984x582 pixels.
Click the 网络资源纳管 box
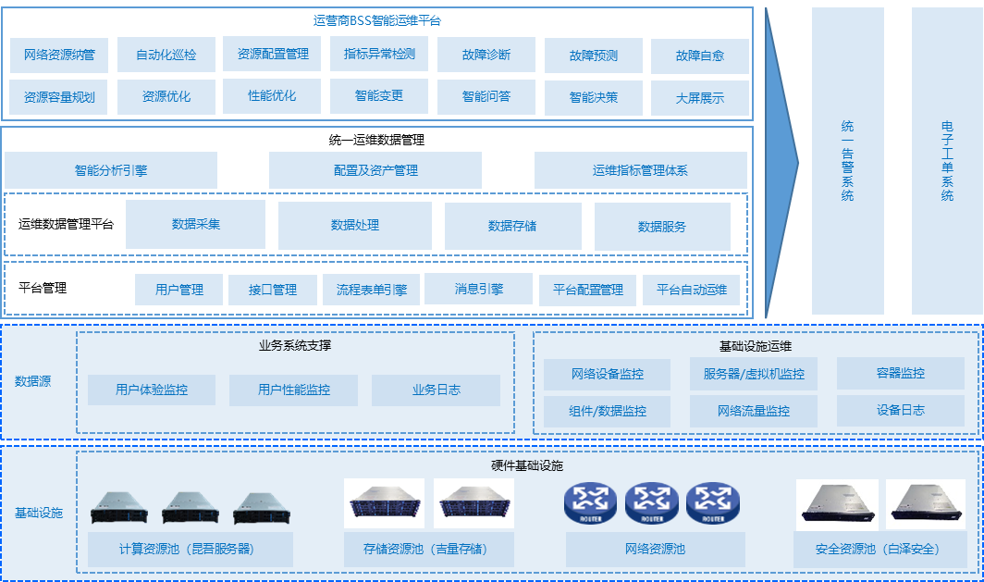point(59,55)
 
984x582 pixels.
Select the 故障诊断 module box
point(486,55)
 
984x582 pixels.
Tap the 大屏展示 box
point(700,97)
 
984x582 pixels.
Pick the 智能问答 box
point(486,96)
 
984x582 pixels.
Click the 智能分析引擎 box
point(111,170)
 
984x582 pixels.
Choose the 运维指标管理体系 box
point(640,170)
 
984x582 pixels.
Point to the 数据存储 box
point(512,226)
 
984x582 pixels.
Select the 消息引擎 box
point(478,289)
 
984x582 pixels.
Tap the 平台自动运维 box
point(692,290)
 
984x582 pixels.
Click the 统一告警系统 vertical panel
point(847,161)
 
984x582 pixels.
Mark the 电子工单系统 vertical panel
point(947,161)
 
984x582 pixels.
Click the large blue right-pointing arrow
point(782,161)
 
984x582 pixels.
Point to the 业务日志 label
point(437,390)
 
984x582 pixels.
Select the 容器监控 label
point(900,374)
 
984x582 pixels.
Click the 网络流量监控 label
point(754,411)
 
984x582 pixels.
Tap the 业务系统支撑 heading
point(295,346)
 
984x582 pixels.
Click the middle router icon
point(652,503)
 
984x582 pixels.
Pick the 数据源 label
point(32,380)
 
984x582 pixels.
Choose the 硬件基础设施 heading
point(526,465)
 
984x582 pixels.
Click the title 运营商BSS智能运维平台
point(377,19)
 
